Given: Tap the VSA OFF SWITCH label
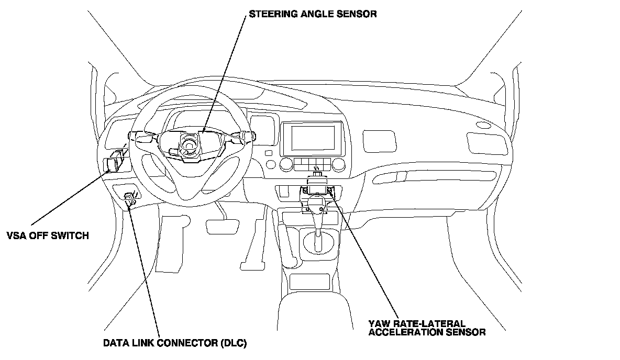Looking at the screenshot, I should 48,235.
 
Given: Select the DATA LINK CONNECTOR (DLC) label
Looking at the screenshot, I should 174,344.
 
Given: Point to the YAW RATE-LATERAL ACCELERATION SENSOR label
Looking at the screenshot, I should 427,328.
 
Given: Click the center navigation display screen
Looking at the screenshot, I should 313,138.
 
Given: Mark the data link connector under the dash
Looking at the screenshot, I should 130,198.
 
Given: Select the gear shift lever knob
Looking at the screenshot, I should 317,203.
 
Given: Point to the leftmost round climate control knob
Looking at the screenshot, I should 286,165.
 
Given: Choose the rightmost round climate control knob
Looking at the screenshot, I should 338,165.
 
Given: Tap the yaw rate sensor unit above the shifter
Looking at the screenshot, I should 317,188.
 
